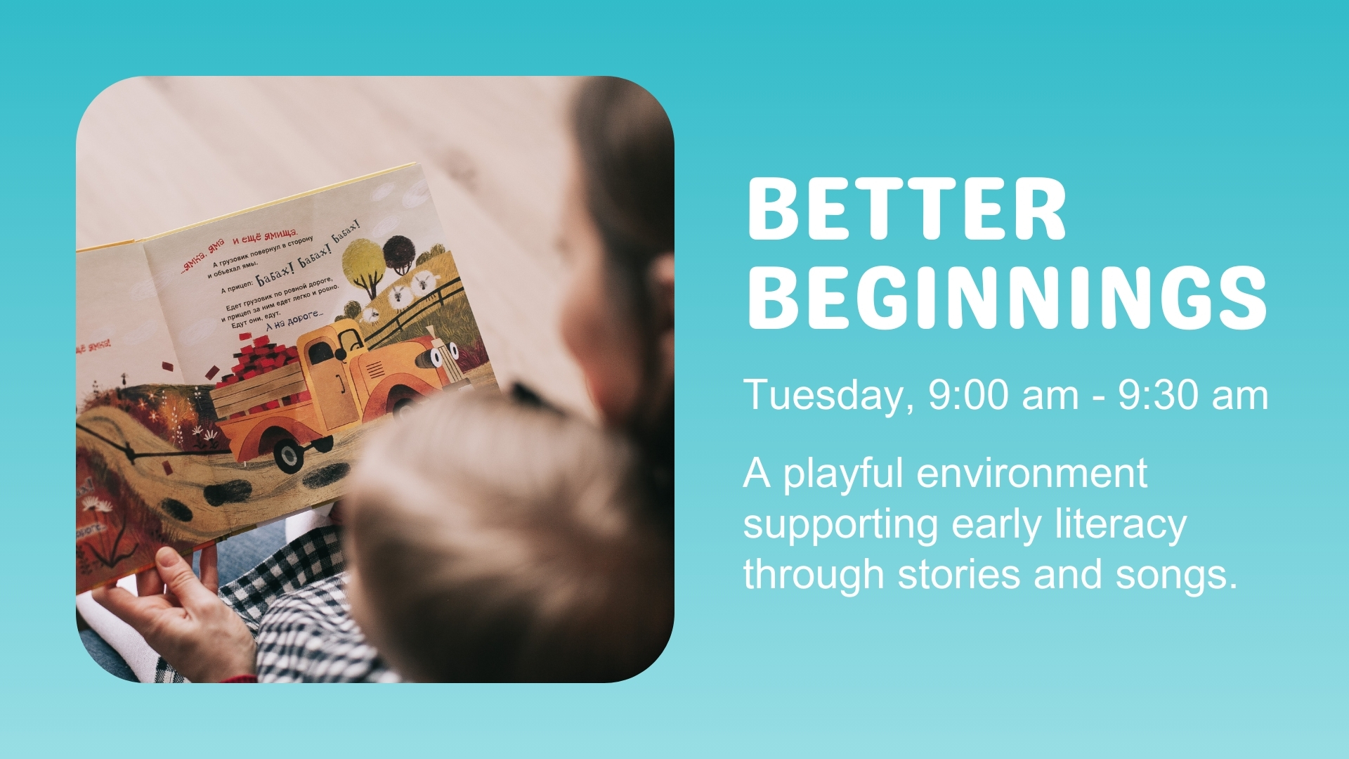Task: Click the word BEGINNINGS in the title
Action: pyautogui.click(x=1006, y=298)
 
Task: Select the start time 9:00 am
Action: pyautogui.click(x=1003, y=396)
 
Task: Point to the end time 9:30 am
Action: pyautogui.click(x=1193, y=396)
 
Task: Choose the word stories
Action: pyautogui.click(x=960, y=574)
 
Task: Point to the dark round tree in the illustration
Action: pyautogui.click(x=400, y=253)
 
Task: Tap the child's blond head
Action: pyautogui.click(x=485, y=534)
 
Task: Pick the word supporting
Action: pyautogui.click(x=840, y=526)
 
